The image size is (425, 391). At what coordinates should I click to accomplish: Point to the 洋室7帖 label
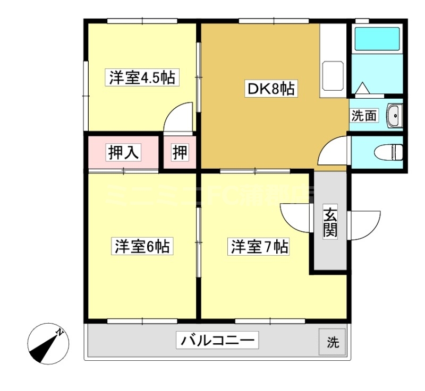point(259,247)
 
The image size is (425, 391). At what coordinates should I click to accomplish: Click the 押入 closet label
point(124,152)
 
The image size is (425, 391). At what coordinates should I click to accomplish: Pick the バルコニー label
point(218,340)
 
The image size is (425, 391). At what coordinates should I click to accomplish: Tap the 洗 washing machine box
point(332,342)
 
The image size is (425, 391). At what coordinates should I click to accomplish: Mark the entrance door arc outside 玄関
point(364,224)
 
